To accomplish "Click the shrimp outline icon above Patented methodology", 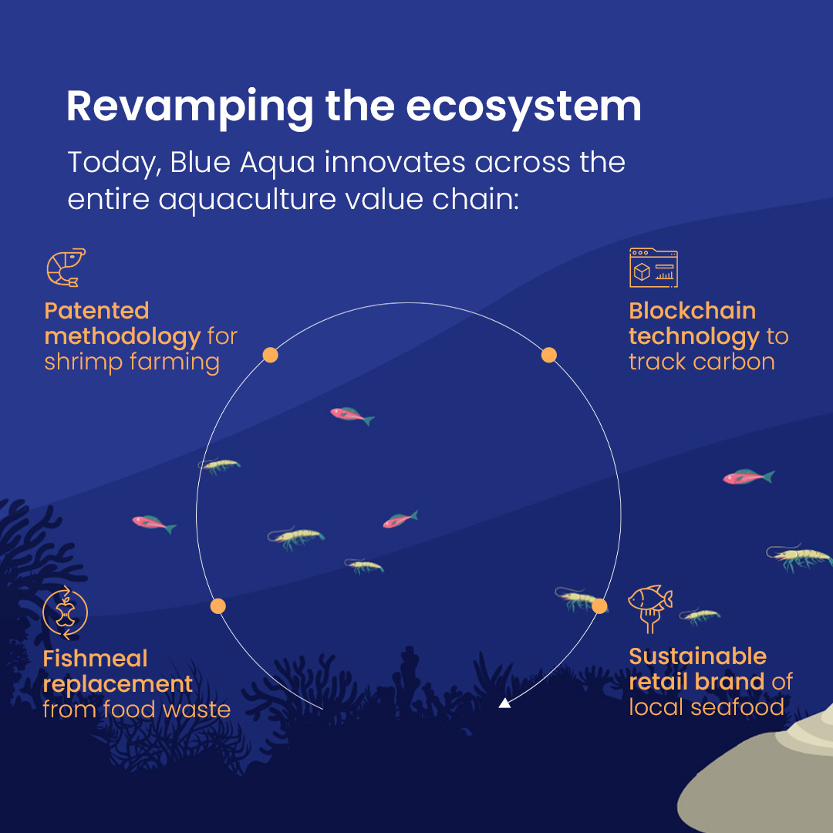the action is pos(66,267).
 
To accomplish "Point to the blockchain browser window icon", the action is pos(653,268).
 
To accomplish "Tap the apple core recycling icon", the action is pos(66,612).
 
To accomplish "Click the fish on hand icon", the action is pos(650,609).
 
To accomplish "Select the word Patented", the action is pos(96,311).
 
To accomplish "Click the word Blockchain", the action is pos(692,311).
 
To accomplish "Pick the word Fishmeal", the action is pos(95,659).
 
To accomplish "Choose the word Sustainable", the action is pos(698,656).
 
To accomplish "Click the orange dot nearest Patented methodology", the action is pos(271,355).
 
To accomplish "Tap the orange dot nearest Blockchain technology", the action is pos(549,355).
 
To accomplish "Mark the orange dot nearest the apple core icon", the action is pos(218,606).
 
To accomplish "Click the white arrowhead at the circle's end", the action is pos(504,703).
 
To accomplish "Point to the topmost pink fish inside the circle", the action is pos(352,415).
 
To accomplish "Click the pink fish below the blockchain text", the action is pos(748,477).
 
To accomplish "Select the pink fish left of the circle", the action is pos(154,524).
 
